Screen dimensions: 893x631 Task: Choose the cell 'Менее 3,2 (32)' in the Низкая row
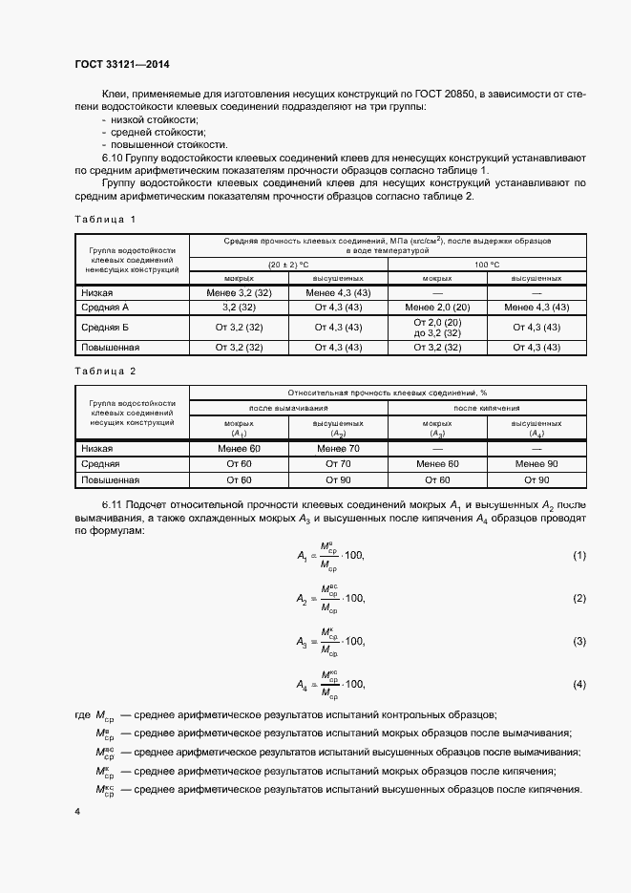[239, 293]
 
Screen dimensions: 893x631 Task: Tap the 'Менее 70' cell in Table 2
[338, 447]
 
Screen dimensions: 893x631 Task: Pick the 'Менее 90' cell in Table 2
[536, 463]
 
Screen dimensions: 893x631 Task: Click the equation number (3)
[578, 642]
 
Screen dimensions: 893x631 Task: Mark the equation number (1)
[578, 555]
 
